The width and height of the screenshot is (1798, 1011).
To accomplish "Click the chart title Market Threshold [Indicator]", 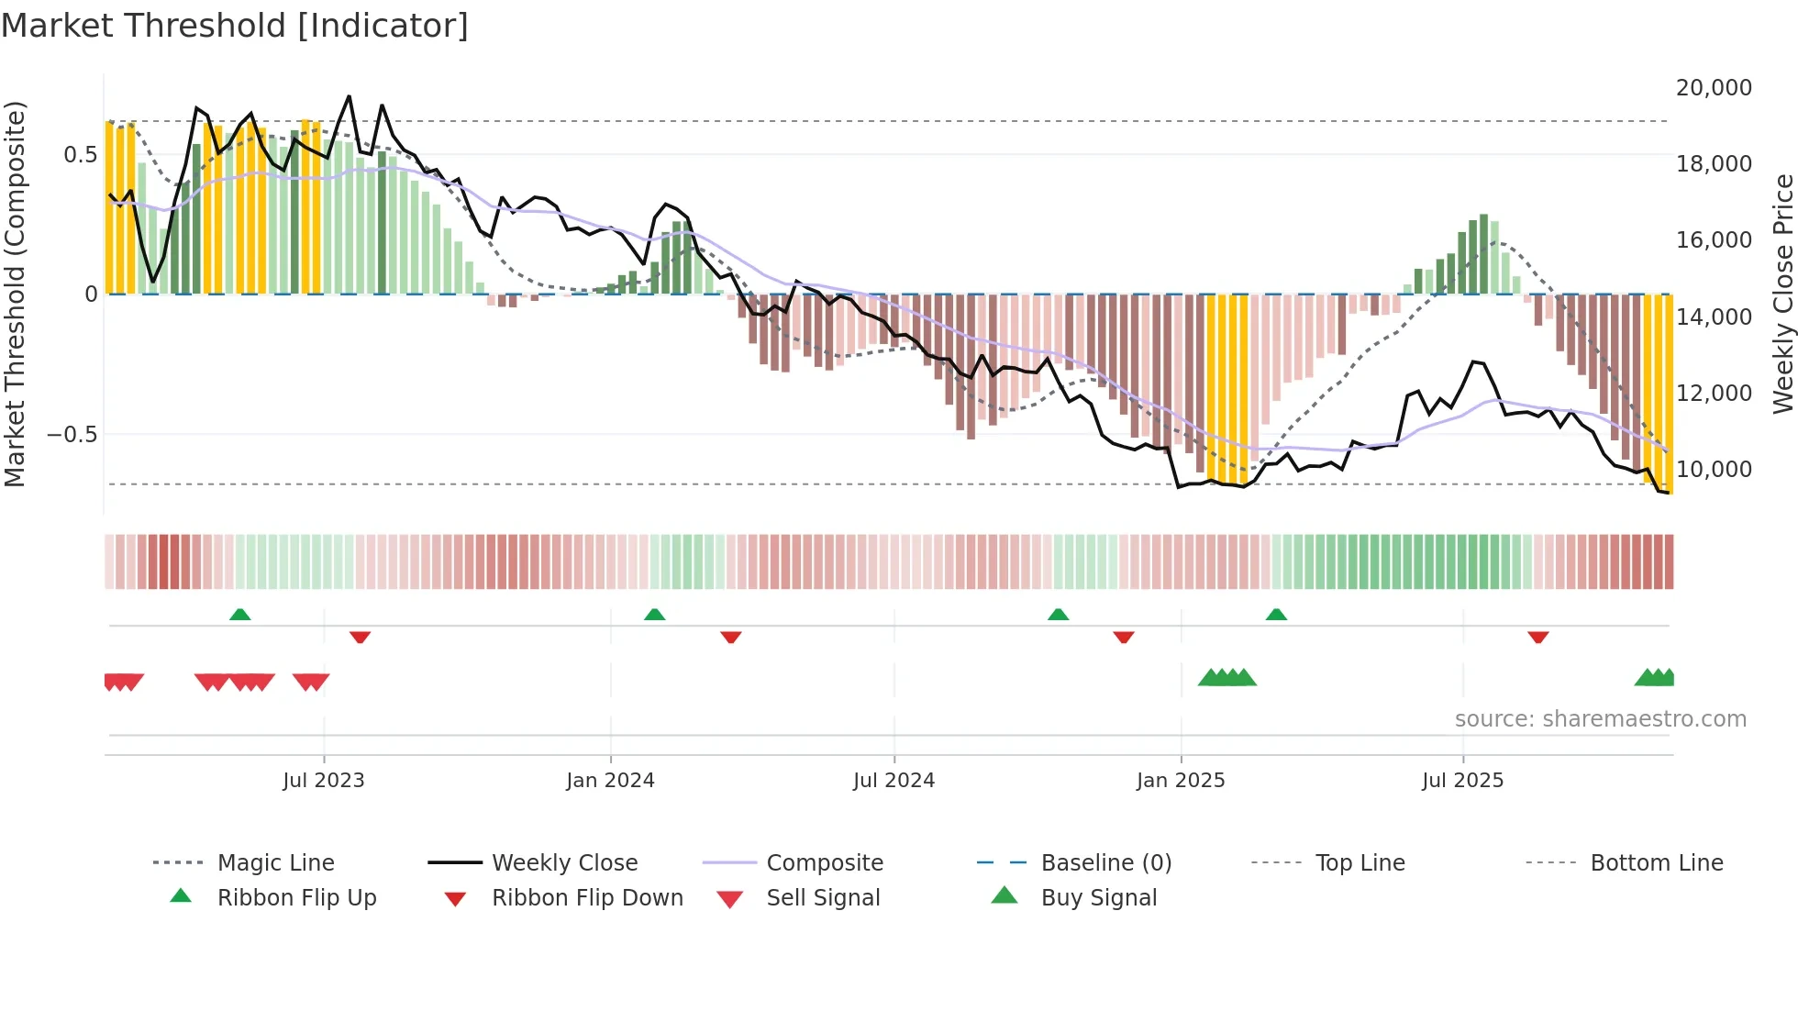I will [x=235, y=26].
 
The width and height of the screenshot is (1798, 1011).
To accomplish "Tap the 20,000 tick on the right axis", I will [x=1713, y=88].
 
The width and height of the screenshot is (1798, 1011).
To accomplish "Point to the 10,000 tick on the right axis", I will [x=1713, y=470].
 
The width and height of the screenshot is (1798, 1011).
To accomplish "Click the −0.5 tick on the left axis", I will [x=72, y=434].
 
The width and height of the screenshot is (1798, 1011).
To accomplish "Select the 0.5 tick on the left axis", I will [x=80, y=154].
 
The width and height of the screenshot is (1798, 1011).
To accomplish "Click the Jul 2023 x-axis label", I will [x=323, y=781].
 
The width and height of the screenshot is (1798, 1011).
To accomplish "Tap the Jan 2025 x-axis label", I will [x=1180, y=781].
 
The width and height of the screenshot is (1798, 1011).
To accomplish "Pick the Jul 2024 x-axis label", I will [x=893, y=781].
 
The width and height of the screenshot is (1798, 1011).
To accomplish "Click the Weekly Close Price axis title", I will [x=1782, y=294].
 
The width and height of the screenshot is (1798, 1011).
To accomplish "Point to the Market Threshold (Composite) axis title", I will [x=15, y=294].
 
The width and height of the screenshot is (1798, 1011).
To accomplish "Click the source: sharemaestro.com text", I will [x=1600, y=719].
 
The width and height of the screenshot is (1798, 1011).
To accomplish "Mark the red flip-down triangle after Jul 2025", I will [x=1538, y=637].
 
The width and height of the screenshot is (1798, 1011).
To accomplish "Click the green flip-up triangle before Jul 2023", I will [x=239, y=615].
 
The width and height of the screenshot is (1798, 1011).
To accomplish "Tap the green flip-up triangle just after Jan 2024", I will [x=654, y=615].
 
